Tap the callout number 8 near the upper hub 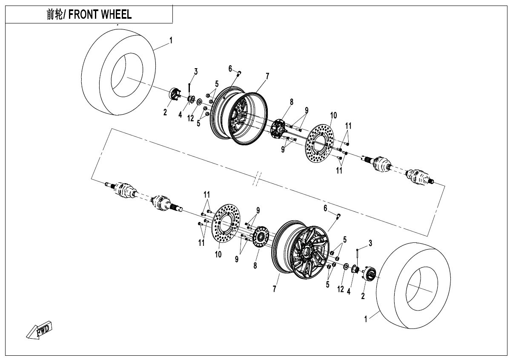coord(292,102)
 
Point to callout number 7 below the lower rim coord(275,289)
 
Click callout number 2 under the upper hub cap coord(165,112)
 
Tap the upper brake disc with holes coord(321,141)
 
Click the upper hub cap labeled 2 coord(175,94)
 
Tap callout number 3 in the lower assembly coord(370,243)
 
